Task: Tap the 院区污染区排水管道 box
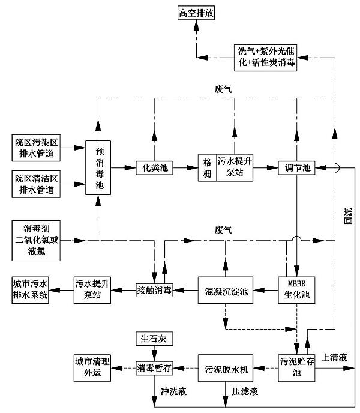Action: click(x=38, y=148)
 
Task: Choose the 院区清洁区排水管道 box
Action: click(x=38, y=182)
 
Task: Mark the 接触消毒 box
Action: click(x=154, y=291)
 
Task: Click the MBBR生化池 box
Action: click(x=296, y=291)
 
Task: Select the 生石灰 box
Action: click(x=154, y=340)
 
